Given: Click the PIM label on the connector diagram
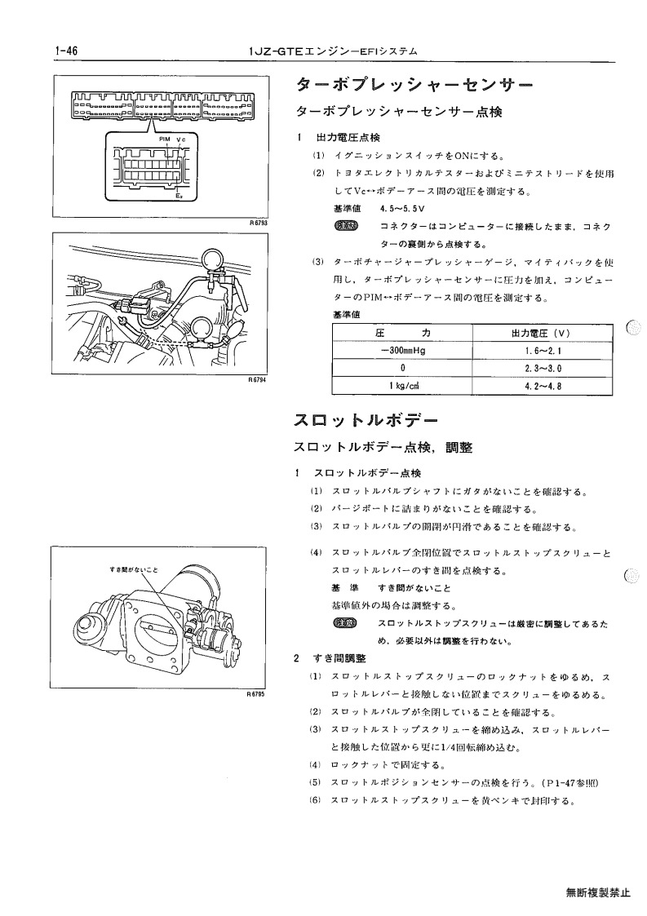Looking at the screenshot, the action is (x=164, y=139).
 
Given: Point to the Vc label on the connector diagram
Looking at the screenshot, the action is (x=180, y=139).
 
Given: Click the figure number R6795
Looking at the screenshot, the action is (x=256, y=694).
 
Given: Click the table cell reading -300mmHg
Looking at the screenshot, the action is (x=403, y=351).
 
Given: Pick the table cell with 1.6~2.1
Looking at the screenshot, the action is (x=543, y=351).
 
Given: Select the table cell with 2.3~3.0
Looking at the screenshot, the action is (x=543, y=369).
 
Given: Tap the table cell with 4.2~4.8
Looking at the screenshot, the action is (x=543, y=386).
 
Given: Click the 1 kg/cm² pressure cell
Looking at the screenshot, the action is (x=404, y=386).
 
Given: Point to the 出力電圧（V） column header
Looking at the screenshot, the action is (x=541, y=334).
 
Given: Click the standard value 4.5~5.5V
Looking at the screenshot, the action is (x=401, y=209).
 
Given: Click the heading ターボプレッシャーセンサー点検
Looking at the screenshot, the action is (x=399, y=112).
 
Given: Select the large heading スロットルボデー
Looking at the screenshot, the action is (x=366, y=420).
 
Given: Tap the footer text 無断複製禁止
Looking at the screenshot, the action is (x=598, y=892).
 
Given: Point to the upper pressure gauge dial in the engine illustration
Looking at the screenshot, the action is (x=210, y=258).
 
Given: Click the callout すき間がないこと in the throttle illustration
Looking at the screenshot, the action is (x=133, y=569).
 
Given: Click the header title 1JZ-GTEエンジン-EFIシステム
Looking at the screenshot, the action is (x=334, y=51).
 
